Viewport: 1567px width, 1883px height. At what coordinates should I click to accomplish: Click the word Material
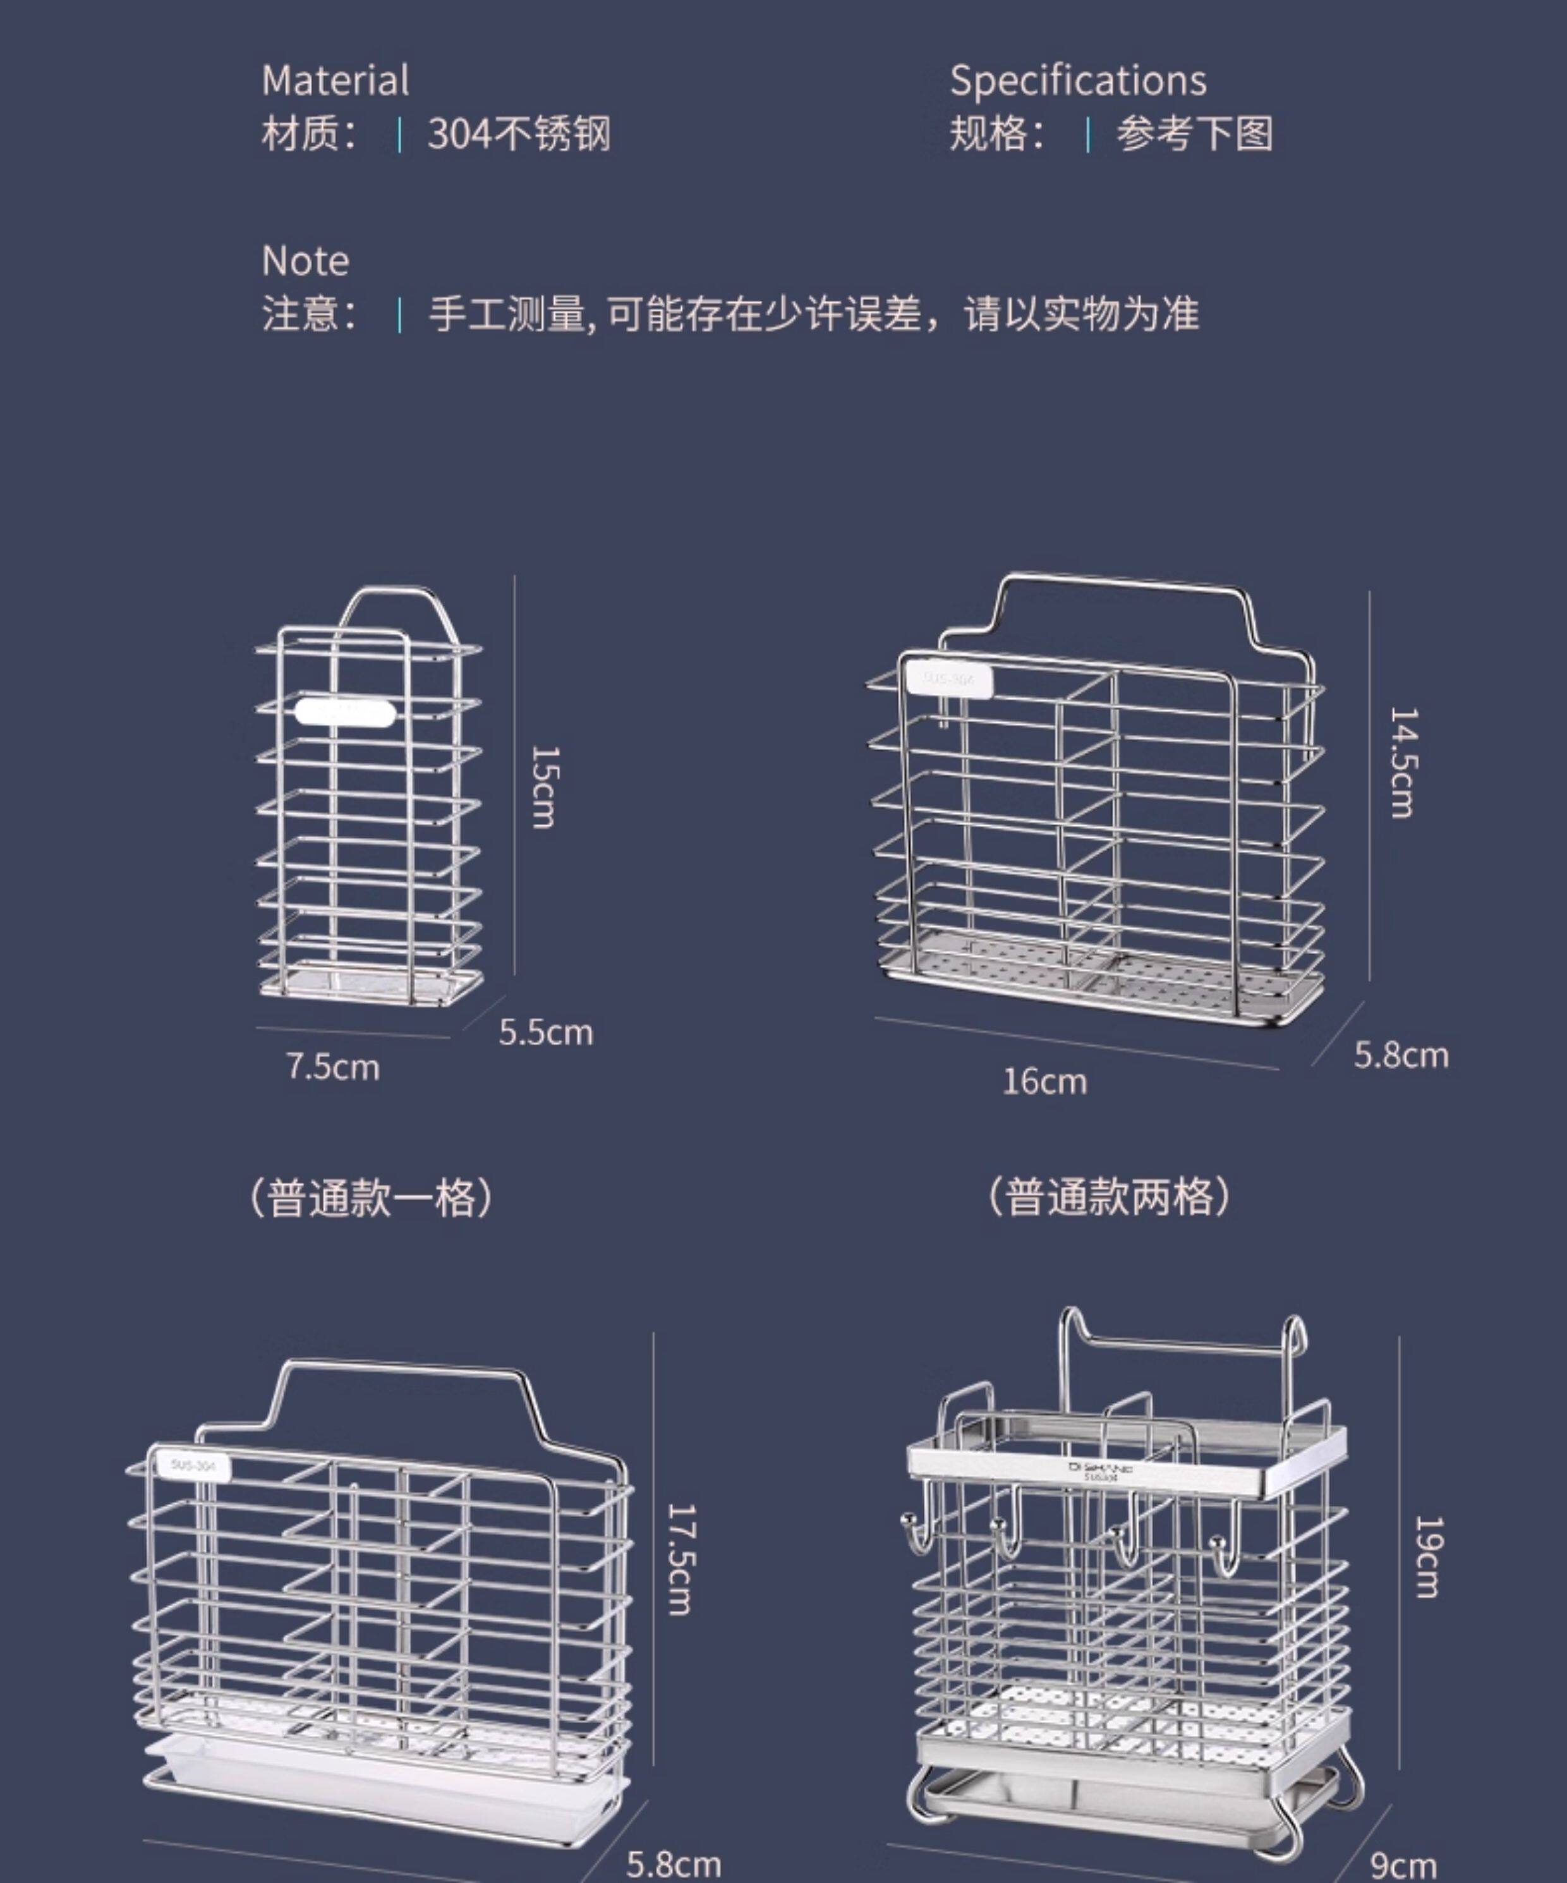coord(336,81)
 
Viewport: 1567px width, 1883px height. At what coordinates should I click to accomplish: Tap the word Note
coord(305,261)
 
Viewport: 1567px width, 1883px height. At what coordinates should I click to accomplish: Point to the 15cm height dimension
coord(544,787)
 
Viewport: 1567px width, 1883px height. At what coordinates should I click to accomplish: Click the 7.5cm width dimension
coord(332,1067)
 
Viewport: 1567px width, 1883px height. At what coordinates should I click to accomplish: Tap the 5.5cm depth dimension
coord(545,1032)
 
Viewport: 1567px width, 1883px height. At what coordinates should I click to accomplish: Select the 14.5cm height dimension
coord(1402,762)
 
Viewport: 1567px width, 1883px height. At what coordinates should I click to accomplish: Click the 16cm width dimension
coord(1044,1081)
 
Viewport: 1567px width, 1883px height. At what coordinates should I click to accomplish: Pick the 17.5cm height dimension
coord(679,1559)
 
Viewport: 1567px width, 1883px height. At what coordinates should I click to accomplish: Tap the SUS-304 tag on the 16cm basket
coord(949,680)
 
